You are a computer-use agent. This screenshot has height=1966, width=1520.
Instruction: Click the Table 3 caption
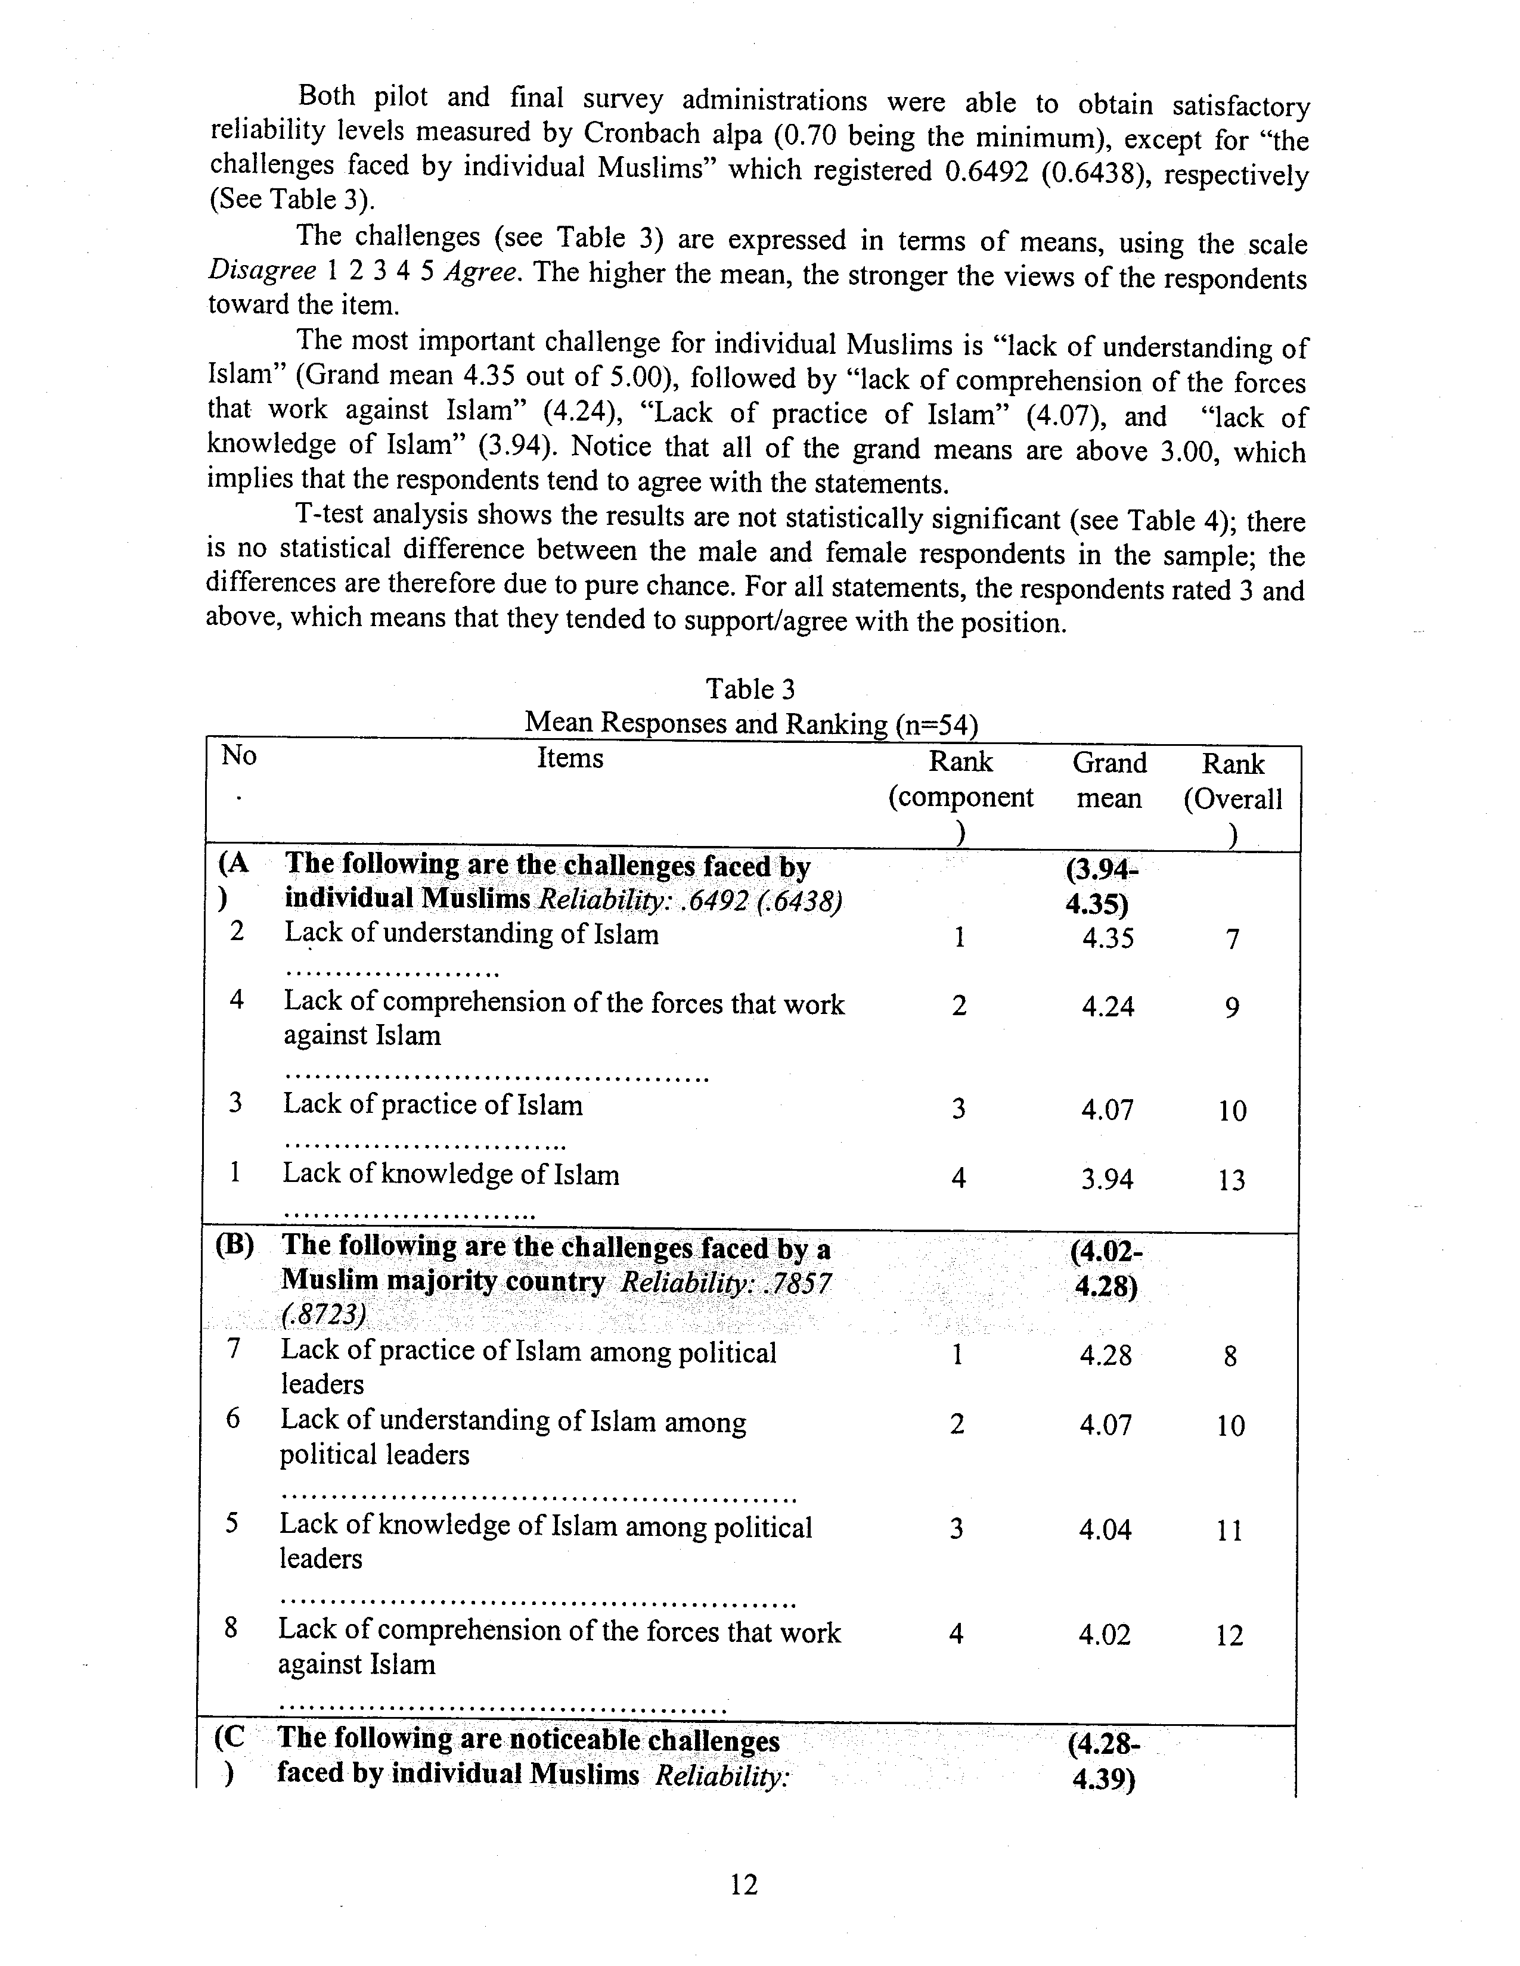pos(750,689)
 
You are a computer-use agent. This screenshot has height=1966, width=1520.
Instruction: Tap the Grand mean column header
pos(1109,780)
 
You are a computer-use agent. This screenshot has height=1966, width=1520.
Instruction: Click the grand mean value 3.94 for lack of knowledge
pos(1108,1179)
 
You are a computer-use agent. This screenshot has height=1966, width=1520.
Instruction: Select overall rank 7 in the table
pos(1233,940)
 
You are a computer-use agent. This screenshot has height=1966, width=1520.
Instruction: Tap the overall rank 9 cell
pos(1232,1007)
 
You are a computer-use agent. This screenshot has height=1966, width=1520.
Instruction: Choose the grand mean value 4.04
pos(1105,1529)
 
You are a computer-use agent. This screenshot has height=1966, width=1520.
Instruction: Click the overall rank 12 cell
pos(1229,1635)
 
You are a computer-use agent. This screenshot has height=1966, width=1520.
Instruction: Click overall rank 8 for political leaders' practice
pos(1230,1356)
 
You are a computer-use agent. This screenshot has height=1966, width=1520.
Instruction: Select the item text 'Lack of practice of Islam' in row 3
pos(433,1105)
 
